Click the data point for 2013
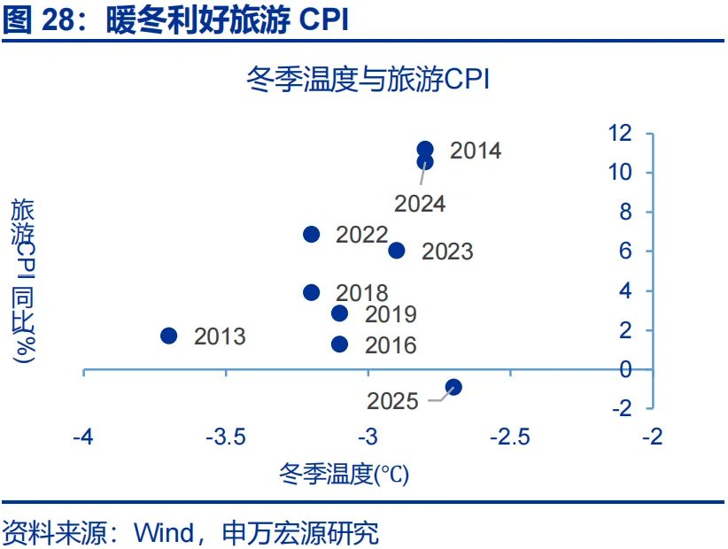click(169, 336)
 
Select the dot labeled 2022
click(312, 234)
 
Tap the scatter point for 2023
click(397, 251)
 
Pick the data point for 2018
click(312, 292)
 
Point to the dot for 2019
click(340, 313)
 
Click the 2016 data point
click(340, 344)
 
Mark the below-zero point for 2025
click(453, 387)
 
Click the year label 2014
click(476, 151)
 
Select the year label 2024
click(420, 204)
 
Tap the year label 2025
click(393, 401)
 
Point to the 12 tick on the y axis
click(620, 133)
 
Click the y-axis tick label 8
click(625, 213)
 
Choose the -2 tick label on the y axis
click(623, 408)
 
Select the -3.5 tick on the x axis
click(226, 437)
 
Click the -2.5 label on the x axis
click(510, 437)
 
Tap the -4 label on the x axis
click(83, 437)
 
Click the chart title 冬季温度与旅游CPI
click(368, 79)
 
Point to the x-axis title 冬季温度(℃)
click(344, 475)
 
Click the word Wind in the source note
click(164, 533)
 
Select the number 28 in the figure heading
click(58, 20)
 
